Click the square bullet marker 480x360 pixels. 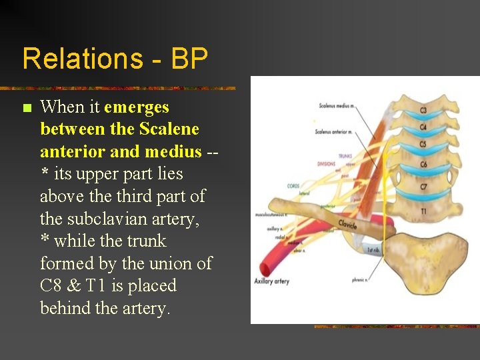click(27, 108)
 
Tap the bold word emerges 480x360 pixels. click(137, 107)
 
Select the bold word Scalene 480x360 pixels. click(169, 129)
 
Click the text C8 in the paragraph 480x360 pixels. click(51, 286)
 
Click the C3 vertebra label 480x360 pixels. click(423, 111)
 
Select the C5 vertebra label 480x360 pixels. click(423, 145)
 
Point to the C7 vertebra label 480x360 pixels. click(423, 187)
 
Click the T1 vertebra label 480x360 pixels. click(423, 211)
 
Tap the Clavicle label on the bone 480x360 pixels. click(347, 224)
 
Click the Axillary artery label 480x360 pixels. click(271, 281)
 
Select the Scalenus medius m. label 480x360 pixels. click(336, 105)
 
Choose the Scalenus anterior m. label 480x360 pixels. click(333, 132)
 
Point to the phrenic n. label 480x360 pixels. click(361, 280)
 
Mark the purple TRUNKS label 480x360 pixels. click(345, 157)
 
